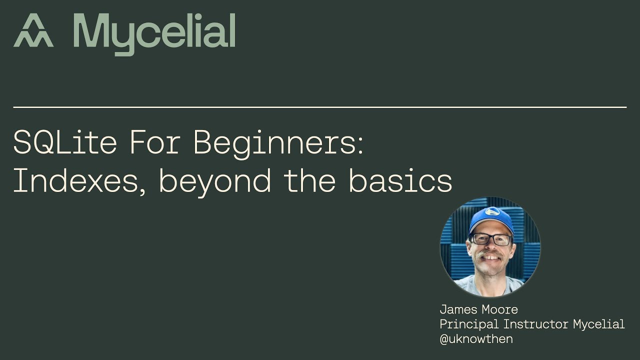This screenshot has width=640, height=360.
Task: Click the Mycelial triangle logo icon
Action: pyautogui.click(x=33, y=31)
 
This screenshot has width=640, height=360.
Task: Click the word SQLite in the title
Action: pyautogui.click(x=65, y=142)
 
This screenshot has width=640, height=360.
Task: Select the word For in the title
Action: pyautogui.click(x=155, y=142)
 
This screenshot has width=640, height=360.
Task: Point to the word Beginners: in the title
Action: pyautogui.click(x=278, y=143)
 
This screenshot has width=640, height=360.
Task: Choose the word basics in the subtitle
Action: pyautogui.click(x=400, y=181)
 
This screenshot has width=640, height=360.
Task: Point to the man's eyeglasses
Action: pyautogui.click(x=490, y=239)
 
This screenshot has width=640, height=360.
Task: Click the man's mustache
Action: pyautogui.click(x=489, y=256)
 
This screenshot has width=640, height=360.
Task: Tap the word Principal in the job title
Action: pyautogui.click(x=469, y=324)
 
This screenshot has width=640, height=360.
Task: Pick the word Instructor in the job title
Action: pyautogui.click(x=536, y=324)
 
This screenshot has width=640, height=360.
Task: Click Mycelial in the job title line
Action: pyautogui.click(x=598, y=324)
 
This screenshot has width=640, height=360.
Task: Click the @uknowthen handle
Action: pyautogui.click(x=476, y=338)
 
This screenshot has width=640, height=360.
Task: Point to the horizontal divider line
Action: pyautogui.click(x=320, y=107)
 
